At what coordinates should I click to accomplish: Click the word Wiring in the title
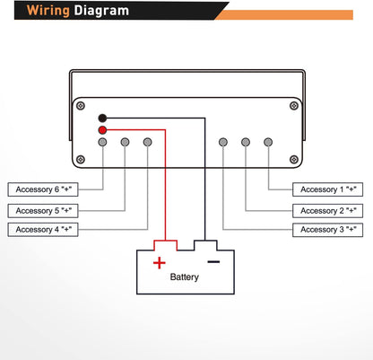pyautogui.click(x=48, y=11)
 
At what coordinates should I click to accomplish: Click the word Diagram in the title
pyautogui.click(x=101, y=10)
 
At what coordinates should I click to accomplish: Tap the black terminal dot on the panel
pyautogui.click(x=102, y=119)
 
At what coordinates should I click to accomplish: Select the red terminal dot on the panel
pyautogui.click(x=102, y=130)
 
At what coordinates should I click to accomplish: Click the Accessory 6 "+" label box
pyautogui.click(x=43, y=189)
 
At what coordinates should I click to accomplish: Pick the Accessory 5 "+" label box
pyautogui.click(x=43, y=211)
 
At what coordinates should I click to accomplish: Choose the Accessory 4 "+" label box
pyautogui.click(x=43, y=230)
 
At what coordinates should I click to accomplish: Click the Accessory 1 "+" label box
pyautogui.click(x=328, y=189)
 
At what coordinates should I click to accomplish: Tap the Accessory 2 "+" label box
pyautogui.click(x=328, y=211)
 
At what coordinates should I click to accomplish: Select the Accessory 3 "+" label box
pyautogui.click(x=328, y=230)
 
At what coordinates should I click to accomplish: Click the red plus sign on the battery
pyautogui.click(x=160, y=263)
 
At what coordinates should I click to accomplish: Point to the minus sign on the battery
pyautogui.click(x=213, y=262)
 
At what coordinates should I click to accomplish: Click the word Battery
pyautogui.click(x=185, y=277)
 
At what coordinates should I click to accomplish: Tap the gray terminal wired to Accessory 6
pyautogui.click(x=102, y=142)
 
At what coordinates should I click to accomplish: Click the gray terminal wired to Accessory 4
pyautogui.click(x=147, y=142)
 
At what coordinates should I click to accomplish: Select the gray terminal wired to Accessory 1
pyautogui.click(x=268, y=142)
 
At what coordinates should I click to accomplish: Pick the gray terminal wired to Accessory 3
pyautogui.click(x=223, y=142)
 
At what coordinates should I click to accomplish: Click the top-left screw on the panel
pyautogui.click(x=81, y=106)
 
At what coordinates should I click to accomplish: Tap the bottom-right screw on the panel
pyautogui.click(x=294, y=160)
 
